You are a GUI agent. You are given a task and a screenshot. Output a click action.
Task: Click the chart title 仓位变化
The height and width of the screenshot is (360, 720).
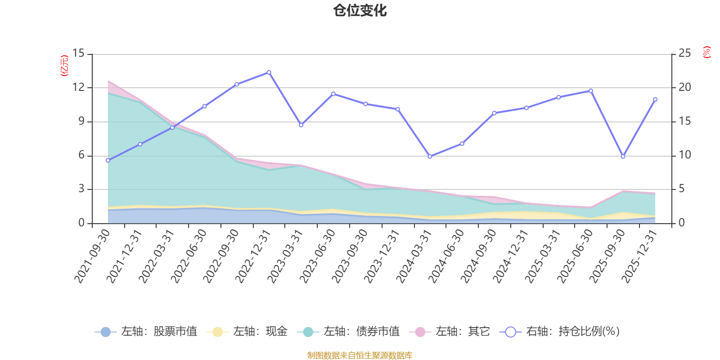tap(360, 11)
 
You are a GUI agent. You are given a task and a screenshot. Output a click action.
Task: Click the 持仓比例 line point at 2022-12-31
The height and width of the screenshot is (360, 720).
tap(269, 72)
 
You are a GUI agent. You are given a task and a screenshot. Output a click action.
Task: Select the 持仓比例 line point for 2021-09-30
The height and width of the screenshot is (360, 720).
tap(108, 160)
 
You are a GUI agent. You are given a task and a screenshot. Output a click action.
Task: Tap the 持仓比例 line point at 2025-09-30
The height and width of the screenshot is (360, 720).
tap(623, 157)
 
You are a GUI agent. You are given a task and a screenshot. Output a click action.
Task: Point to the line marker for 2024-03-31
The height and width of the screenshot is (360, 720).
tap(430, 157)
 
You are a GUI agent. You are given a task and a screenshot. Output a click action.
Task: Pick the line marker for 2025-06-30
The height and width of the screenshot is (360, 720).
tap(591, 91)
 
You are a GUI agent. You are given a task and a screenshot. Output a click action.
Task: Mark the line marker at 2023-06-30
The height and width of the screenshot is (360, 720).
tap(333, 94)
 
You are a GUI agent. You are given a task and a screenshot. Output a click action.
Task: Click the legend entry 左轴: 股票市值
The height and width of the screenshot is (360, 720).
tap(146, 332)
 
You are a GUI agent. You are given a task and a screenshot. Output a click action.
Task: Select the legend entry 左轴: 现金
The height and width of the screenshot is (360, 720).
tap(247, 332)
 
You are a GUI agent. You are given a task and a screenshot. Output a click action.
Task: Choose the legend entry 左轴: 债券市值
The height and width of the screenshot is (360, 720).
tap(348, 332)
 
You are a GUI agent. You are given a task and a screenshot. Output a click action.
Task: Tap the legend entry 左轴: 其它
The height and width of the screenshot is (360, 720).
tap(450, 332)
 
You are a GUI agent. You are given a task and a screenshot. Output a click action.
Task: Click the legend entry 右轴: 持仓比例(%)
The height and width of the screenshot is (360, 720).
tap(560, 332)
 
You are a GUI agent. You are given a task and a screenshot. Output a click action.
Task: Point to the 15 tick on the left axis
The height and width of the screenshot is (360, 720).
tap(78, 54)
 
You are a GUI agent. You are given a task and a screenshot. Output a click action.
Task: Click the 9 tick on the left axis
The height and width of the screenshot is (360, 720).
tap(81, 121)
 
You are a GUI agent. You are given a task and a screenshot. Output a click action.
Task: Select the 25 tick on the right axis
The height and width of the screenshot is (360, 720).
tap(684, 54)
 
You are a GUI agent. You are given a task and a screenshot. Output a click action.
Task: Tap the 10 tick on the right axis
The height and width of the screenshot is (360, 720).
tap(684, 155)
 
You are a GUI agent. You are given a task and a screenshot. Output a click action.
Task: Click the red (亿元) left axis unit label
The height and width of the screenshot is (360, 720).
tap(64, 66)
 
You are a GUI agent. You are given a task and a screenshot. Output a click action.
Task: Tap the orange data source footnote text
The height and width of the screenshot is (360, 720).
tap(360, 355)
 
